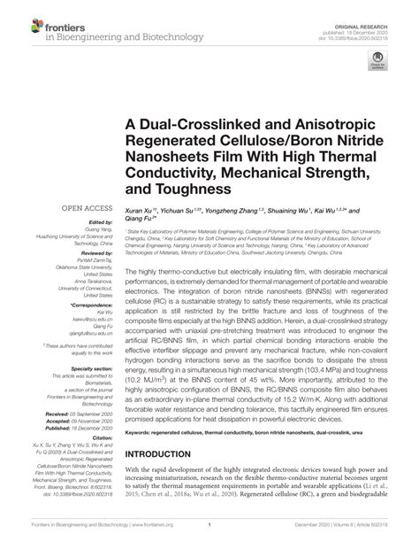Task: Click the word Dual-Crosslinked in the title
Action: tap(193, 122)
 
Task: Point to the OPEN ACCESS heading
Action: tap(82, 208)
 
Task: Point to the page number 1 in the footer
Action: tap(209, 537)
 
